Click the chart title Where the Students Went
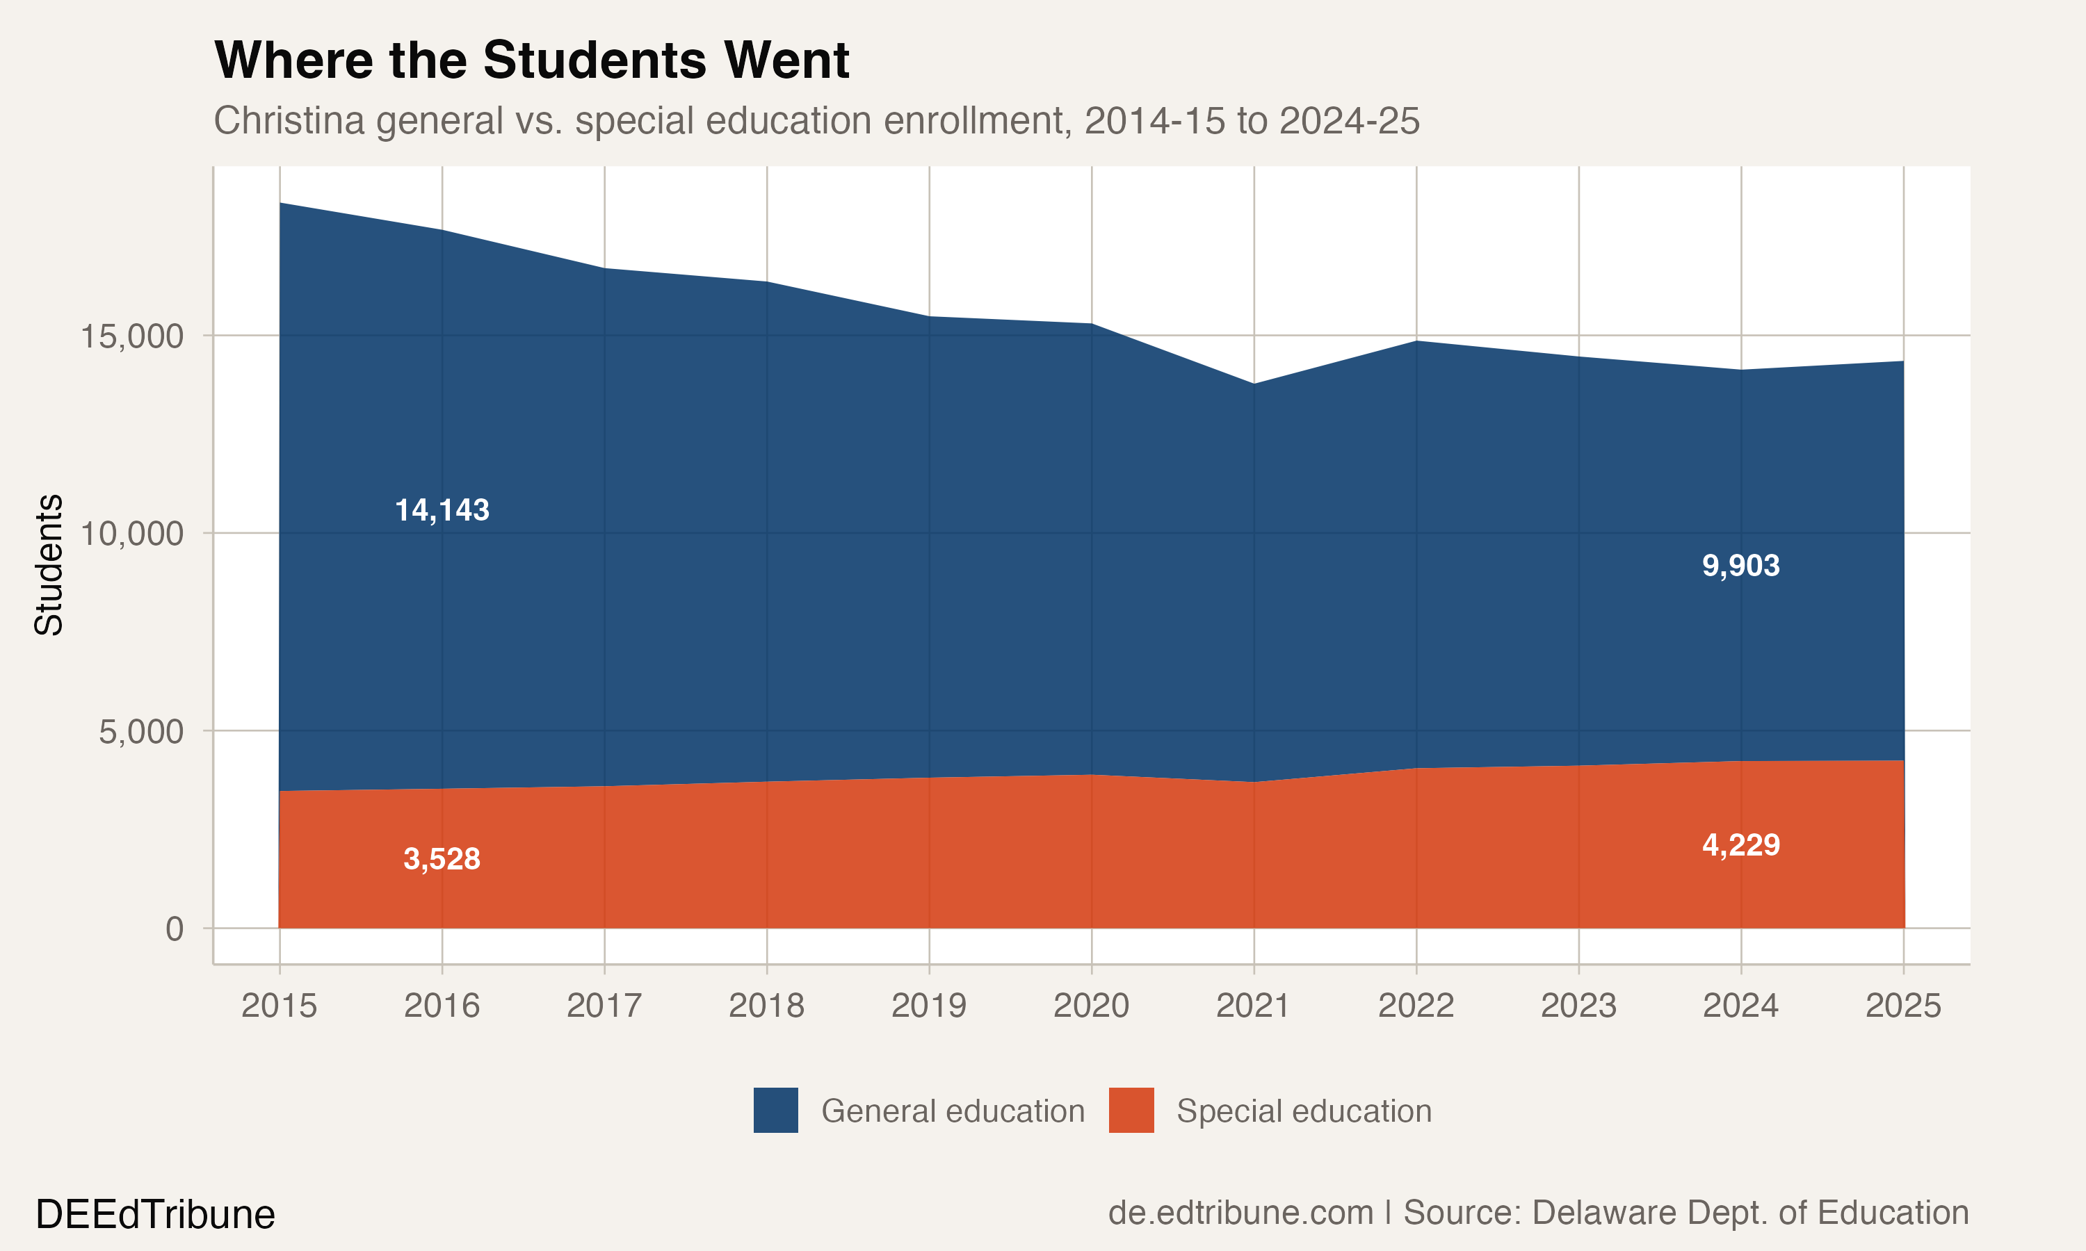(531, 60)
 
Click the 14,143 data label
(442, 510)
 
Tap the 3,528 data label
(442, 859)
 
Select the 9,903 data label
(1740, 566)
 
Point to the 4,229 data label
(1740, 844)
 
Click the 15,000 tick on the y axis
(131, 336)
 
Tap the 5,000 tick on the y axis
(141, 732)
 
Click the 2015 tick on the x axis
(279, 1006)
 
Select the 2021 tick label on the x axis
(1253, 1006)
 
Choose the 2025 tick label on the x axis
(1903, 1006)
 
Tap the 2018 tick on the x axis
(766, 1006)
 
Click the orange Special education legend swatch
(1131, 1110)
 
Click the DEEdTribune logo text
(155, 1215)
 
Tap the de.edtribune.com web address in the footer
(1240, 1213)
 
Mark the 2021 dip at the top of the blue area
(1254, 384)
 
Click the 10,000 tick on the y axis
(131, 534)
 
